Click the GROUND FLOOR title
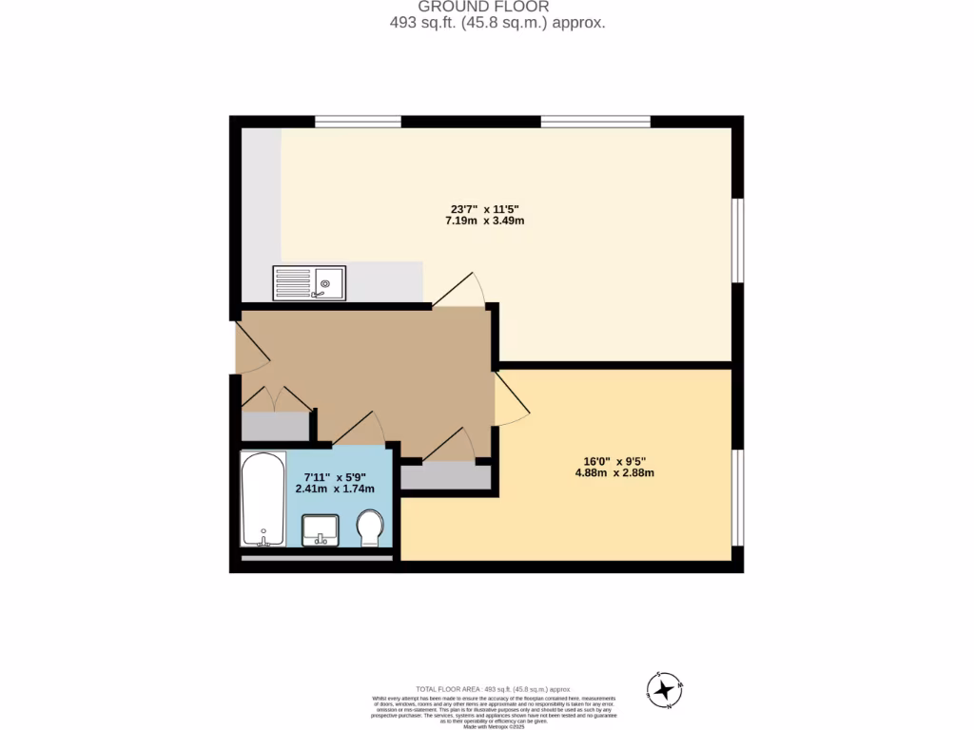point(483,6)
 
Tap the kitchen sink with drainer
point(310,282)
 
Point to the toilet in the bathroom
point(370,528)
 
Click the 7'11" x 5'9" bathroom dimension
point(339,476)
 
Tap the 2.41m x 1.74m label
point(339,489)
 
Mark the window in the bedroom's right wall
point(737,496)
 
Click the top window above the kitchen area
point(358,121)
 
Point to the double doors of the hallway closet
point(275,399)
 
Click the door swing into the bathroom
point(360,429)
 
